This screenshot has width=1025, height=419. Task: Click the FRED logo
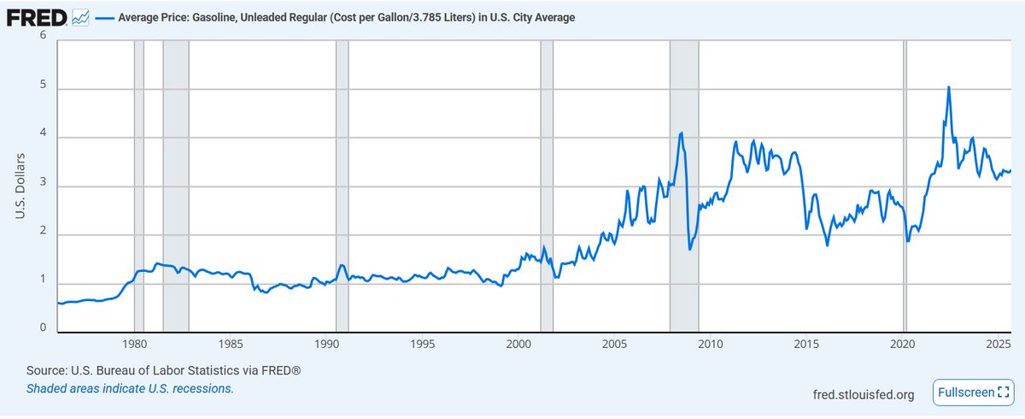(x=37, y=17)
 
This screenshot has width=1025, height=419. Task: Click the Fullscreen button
(x=970, y=392)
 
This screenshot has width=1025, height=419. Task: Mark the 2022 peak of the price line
(x=948, y=87)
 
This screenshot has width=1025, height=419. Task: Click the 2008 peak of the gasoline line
(x=681, y=133)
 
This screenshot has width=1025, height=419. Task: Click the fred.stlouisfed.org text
(x=864, y=394)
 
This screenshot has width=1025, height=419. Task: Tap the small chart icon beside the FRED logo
(x=81, y=17)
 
